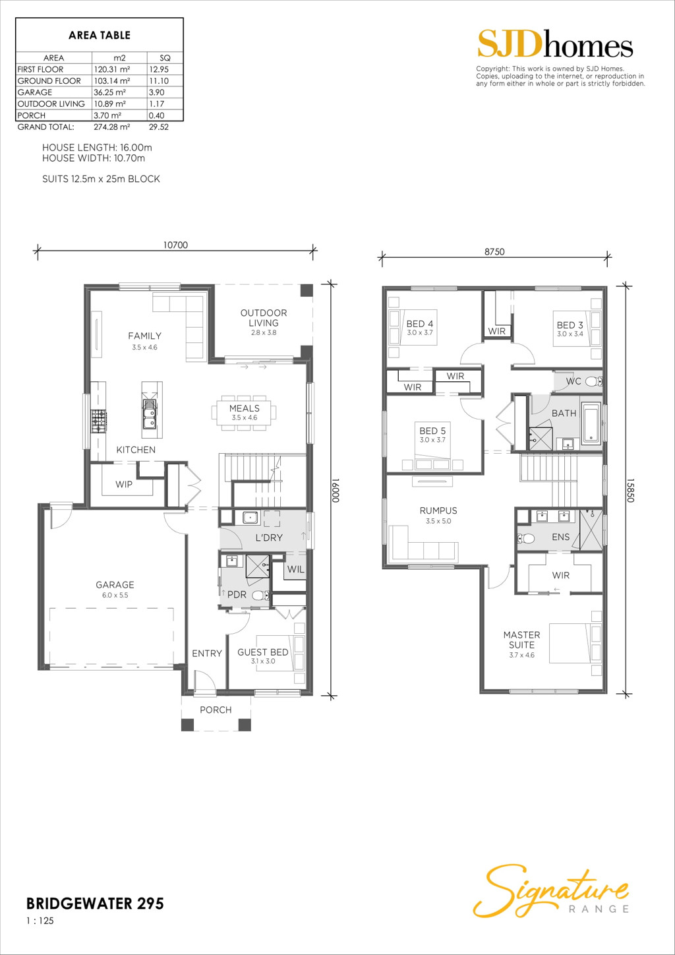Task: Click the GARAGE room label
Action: (115, 584)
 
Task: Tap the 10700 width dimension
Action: (175, 245)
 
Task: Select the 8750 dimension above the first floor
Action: (494, 251)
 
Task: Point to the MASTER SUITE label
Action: (521, 640)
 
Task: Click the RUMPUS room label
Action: (438, 510)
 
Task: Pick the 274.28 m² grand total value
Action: (111, 127)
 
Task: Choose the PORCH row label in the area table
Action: (32, 115)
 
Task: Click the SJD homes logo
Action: (555, 44)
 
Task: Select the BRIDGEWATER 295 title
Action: (95, 904)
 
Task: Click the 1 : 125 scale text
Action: (40, 921)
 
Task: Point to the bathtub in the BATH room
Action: (591, 425)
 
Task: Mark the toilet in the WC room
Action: (594, 382)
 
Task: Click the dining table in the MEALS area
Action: (244, 412)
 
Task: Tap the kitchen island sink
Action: (150, 414)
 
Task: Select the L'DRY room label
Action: (269, 538)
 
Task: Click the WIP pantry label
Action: (123, 484)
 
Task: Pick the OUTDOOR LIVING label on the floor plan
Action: (264, 318)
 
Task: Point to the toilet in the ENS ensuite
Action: (526, 539)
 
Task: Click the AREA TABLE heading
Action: (100, 36)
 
